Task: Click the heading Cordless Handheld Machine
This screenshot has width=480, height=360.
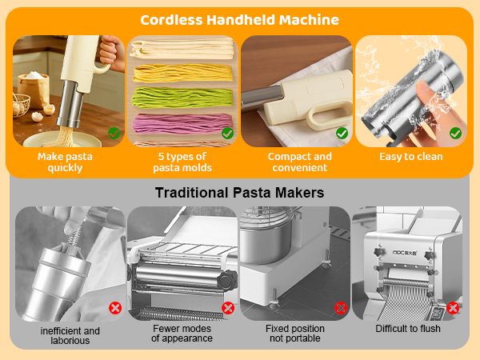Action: click(x=239, y=20)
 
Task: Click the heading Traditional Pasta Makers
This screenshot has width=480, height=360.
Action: click(x=239, y=192)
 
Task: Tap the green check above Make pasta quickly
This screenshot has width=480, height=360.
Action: click(x=114, y=134)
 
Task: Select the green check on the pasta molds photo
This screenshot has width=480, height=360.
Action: click(x=227, y=134)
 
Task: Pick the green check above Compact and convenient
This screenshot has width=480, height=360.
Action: click(x=342, y=134)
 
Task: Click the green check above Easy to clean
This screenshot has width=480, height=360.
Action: click(x=455, y=134)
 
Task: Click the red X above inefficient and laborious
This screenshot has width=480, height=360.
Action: click(x=114, y=307)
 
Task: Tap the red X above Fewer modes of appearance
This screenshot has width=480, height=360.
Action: click(x=228, y=307)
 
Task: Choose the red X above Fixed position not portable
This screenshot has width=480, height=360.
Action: click(x=341, y=307)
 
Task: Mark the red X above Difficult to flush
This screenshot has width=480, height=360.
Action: click(x=454, y=307)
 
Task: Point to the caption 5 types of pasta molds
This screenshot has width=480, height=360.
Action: click(x=182, y=162)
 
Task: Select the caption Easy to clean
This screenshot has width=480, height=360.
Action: click(x=410, y=157)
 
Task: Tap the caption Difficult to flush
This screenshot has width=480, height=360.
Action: click(x=409, y=329)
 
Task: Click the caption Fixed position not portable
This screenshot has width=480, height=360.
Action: click(x=295, y=334)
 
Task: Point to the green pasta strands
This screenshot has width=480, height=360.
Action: click(x=182, y=102)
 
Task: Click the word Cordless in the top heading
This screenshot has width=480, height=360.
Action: click(x=171, y=20)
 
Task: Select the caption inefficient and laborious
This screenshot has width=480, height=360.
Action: click(x=70, y=335)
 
